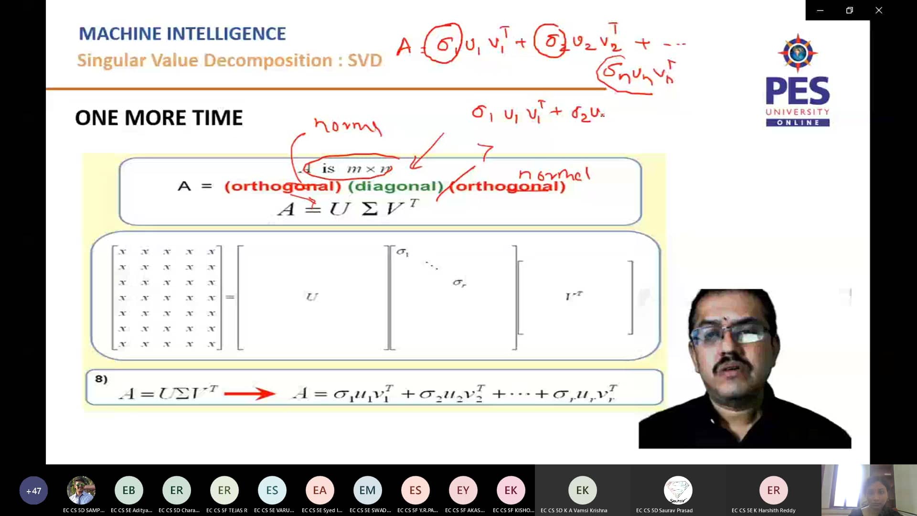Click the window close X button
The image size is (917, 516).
pyautogui.click(x=878, y=10)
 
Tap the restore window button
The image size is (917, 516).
pyautogui.click(x=849, y=10)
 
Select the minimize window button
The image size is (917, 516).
pyautogui.click(x=820, y=10)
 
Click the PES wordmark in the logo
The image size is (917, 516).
pyautogui.click(x=797, y=91)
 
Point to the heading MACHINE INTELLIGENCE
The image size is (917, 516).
pyautogui.click(x=182, y=34)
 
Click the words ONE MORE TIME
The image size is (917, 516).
pyautogui.click(x=159, y=118)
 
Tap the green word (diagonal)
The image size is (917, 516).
pyautogui.click(x=396, y=186)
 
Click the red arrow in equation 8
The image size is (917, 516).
pyautogui.click(x=249, y=394)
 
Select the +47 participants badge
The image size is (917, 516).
pyautogui.click(x=33, y=490)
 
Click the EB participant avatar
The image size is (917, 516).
pyautogui.click(x=128, y=490)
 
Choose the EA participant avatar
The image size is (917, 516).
pyautogui.click(x=320, y=490)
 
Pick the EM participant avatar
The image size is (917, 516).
pyautogui.click(x=367, y=490)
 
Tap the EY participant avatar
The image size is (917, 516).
pyautogui.click(x=463, y=490)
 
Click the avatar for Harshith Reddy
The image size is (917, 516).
pyautogui.click(x=773, y=490)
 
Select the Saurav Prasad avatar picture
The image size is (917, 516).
pyautogui.click(x=678, y=490)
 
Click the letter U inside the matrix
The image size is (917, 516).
pyautogui.click(x=311, y=297)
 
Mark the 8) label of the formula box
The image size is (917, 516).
pyautogui.click(x=101, y=379)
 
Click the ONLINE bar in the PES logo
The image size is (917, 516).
pyautogui.click(x=798, y=123)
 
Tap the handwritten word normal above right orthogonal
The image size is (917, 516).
pyautogui.click(x=554, y=174)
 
